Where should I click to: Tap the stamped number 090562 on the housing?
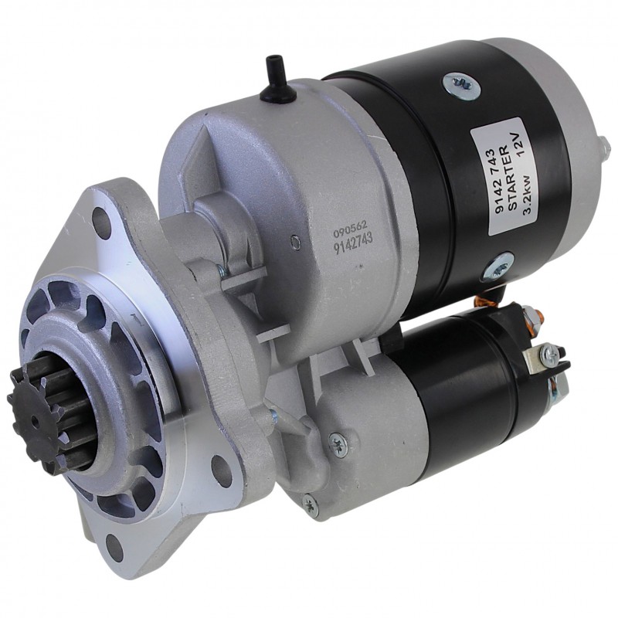pos(350,229)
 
